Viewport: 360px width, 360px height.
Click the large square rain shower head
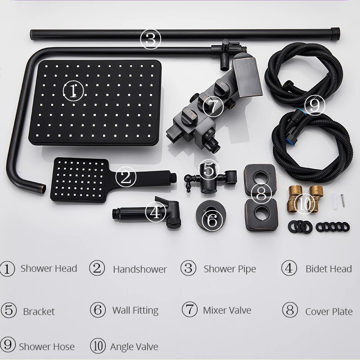click(x=95, y=103)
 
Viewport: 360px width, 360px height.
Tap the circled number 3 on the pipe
click(x=151, y=39)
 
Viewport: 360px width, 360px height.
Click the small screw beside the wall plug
click(x=342, y=200)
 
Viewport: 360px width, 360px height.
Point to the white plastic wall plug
click(x=334, y=201)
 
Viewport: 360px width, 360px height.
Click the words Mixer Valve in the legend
click(x=227, y=310)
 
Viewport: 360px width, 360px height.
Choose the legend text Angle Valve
click(x=134, y=346)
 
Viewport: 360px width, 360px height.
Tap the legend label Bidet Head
click(x=328, y=269)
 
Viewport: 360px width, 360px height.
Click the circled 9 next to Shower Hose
click(x=8, y=345)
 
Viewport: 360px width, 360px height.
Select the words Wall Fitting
click(x=135, y=310)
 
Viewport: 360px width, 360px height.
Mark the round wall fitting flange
click(x=211, y=216)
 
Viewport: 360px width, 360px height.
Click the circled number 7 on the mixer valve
click(x=213, y=106)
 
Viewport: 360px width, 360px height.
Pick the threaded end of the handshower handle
click(x=174, y=178)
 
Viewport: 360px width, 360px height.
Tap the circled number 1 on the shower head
click(x=73, y=91)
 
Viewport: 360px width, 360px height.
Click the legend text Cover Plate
click(x=329, y=311)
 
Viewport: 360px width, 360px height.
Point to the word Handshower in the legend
click(x=140, y=269)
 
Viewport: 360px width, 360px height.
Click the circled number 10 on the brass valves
click(x=305, y=204)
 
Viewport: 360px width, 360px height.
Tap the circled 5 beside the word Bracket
click(x=9, y=310)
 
